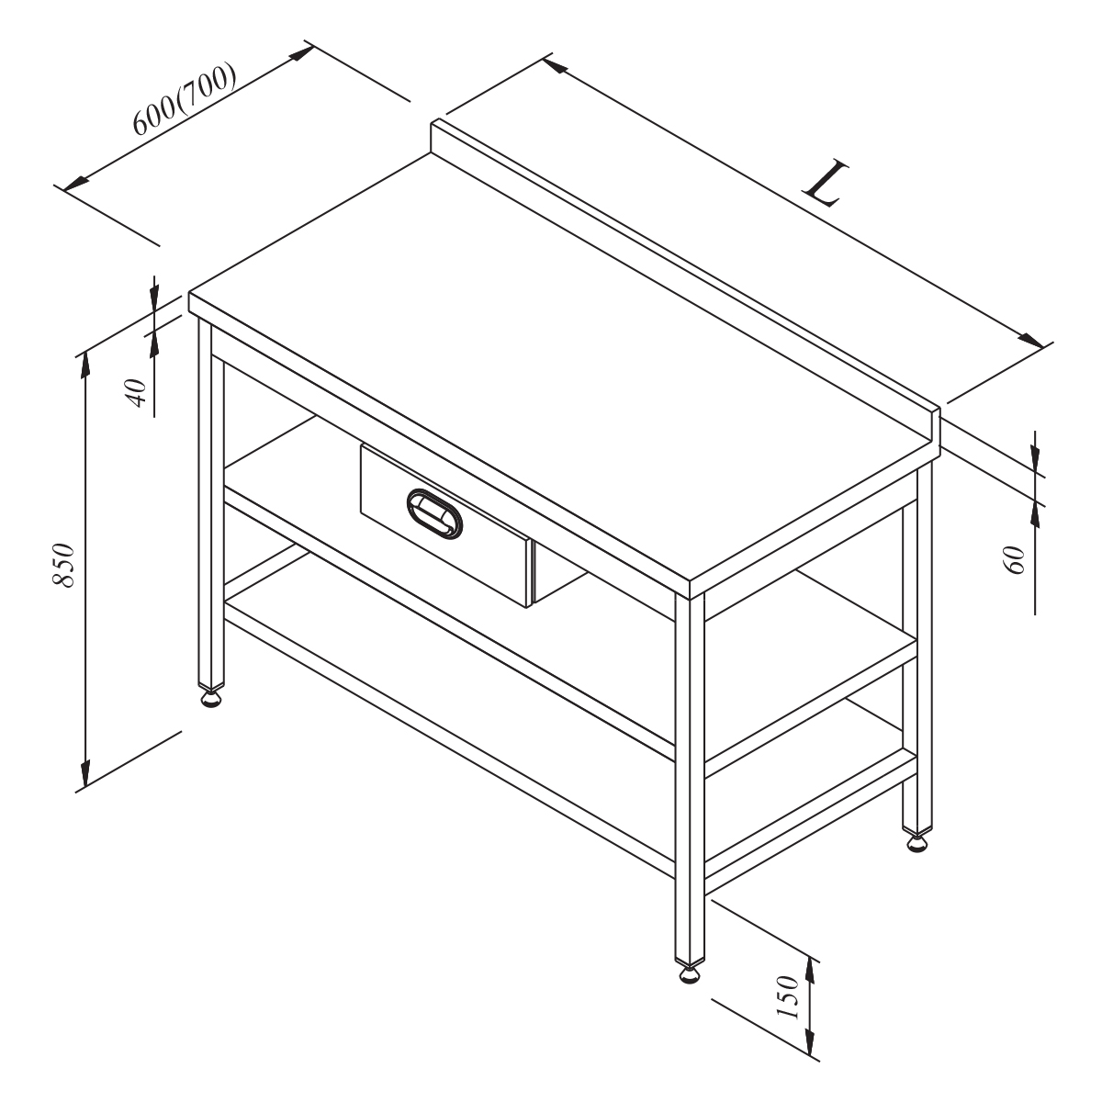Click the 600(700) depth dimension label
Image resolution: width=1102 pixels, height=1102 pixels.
coord(185,98)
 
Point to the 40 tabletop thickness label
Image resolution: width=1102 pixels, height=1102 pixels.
coord(137,392)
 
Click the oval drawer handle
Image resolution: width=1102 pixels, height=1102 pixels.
coord(434,513)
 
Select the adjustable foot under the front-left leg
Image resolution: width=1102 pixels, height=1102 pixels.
coord(211,699)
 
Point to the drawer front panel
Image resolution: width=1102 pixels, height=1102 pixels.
coord(444,525)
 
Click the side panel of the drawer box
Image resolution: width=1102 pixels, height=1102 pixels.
coord(557,572)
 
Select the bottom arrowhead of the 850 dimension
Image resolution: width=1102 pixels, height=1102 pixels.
coord(85,774)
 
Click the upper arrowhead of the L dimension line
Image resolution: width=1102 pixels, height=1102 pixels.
coord(555,66)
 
